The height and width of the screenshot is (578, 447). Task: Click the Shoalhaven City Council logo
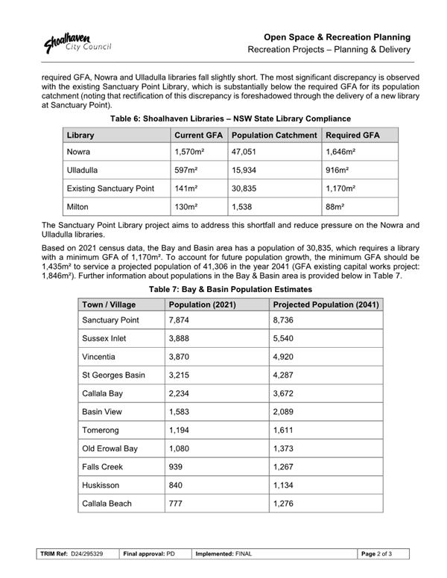click(x=77, y=42)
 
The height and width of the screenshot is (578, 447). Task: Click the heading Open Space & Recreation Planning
click(x=337, y=36)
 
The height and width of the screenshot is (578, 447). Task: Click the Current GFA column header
click(x=198, y=136)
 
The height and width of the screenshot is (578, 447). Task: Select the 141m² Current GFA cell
click(x=185, y=188)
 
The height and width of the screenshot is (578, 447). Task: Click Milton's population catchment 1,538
click(x=244, y=206)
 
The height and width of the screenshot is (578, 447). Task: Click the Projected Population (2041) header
click(x=326, y=305)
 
